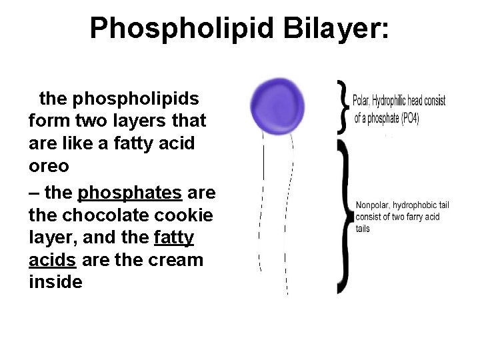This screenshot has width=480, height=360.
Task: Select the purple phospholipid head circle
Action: click(277, 104)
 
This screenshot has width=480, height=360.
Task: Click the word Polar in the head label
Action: click(361, 101)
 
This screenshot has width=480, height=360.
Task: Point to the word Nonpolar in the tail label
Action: click(373, 205)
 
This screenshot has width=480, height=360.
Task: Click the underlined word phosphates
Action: click(130, 193)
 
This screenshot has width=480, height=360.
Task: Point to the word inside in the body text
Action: click(56, 282)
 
